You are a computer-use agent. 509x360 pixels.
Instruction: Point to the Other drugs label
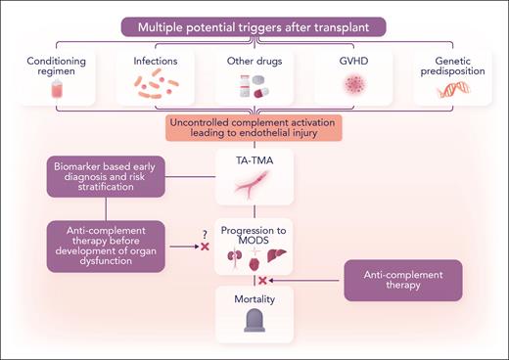click(254, 61)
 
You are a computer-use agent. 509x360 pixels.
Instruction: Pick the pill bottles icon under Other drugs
click(254, 89)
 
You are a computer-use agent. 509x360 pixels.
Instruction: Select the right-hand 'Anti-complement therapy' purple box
click(402, 280)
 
